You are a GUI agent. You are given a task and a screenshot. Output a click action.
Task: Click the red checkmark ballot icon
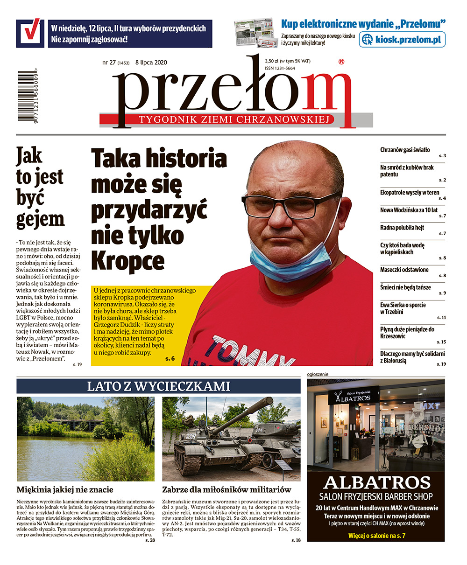tap(30, 33)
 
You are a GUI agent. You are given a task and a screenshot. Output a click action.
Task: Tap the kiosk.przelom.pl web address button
tap(402, 40)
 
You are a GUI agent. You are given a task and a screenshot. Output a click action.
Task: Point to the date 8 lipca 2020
tap(151, 63)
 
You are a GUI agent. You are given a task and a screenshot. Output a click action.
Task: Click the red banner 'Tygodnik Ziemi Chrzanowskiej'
tap(236, 120)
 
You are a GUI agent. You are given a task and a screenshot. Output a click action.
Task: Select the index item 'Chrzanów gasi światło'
tap(405, 150)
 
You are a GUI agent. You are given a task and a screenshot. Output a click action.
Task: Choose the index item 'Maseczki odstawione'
tap(404, 270)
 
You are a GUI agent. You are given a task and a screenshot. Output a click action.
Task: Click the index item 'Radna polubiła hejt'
tap(402, 228)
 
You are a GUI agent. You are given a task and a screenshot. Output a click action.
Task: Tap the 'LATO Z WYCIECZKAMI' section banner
tap(158, 386)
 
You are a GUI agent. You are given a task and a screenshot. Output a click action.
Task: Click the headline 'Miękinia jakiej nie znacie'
tap(65, 490)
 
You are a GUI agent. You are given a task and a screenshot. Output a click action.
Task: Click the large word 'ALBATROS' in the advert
tap(376, 482)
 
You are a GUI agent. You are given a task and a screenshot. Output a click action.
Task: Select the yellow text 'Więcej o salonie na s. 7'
tap(376, 536)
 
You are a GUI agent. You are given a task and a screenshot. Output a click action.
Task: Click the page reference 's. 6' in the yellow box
tap(170, 359)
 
